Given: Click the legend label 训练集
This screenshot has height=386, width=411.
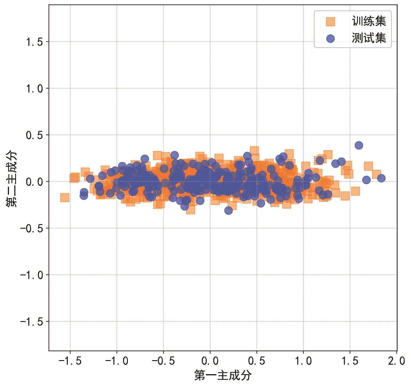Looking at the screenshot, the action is point(369,21).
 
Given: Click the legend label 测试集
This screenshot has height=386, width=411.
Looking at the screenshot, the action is point(369,38).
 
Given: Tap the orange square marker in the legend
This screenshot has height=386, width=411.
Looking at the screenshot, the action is point(330,22).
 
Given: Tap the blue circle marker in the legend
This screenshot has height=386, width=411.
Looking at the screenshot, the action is point(330,38).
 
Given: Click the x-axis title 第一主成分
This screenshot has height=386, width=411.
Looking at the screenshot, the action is point(223,375).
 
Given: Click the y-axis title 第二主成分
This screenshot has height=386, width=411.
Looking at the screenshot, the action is point(12,179).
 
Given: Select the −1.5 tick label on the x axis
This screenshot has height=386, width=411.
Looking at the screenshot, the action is point(70,361).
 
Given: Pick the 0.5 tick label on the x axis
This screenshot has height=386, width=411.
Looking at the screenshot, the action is point(256,361).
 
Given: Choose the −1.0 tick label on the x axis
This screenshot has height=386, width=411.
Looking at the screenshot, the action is point(117,361).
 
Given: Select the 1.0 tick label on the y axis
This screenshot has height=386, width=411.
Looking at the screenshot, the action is point(34,88).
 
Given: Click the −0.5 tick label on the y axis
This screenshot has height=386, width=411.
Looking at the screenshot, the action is point(31,228).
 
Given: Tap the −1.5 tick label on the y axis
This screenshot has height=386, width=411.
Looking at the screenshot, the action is point(31,322).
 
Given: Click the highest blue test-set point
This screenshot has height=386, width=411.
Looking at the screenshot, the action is point(359,145).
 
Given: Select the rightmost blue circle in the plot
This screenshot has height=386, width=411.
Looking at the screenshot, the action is point(381,178).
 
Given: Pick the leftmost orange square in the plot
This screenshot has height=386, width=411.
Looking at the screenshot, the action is point(65,197).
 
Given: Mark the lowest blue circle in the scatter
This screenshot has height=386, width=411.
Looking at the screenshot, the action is point(228,210).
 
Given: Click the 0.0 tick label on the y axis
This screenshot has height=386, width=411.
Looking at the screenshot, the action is point(34,182).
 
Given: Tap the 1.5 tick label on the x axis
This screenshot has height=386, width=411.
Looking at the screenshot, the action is point(350,361).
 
